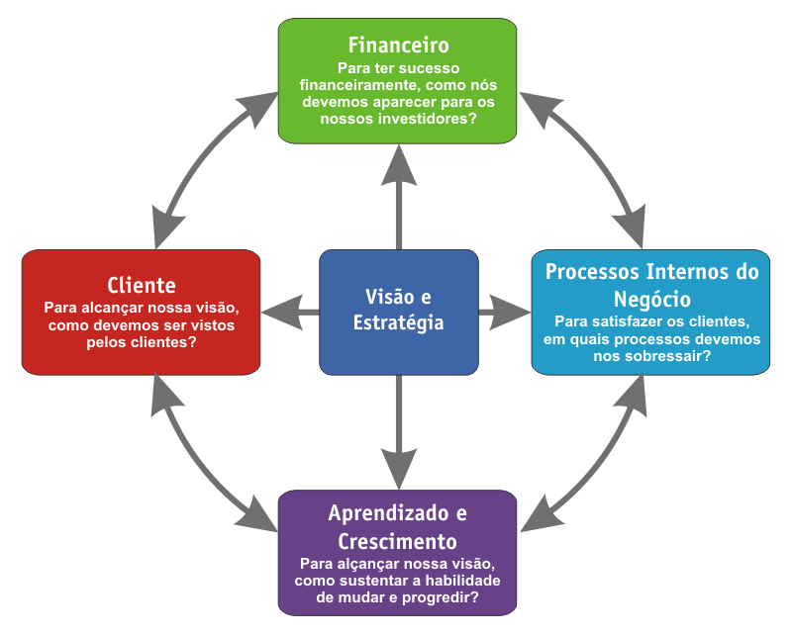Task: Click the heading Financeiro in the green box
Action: pyautogui.click(x=398, y=45)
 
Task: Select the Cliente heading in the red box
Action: pyautogui.click(x=141, y=283)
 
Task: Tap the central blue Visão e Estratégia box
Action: pyautogui.click(x=398, y=311)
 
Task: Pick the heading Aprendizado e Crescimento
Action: pyautogui.click(x=397, y=527)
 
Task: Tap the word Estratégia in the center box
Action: pyautogui.click(x=398, y=323)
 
